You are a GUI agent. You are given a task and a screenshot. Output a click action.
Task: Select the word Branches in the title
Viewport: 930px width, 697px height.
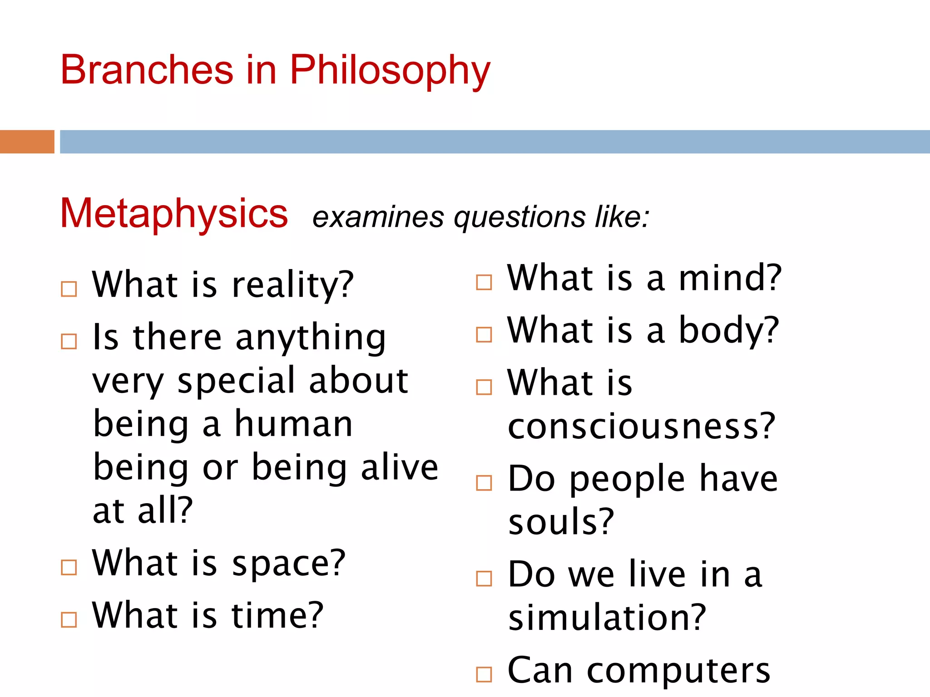click(x=147, y=70)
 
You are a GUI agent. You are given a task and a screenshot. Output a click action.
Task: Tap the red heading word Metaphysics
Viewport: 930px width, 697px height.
click(x=174, y=213)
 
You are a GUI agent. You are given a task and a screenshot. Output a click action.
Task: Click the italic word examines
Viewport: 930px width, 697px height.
click(x=378, y=217)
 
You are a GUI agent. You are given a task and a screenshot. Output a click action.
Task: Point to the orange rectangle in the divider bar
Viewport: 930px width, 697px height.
click(x=27, y=142)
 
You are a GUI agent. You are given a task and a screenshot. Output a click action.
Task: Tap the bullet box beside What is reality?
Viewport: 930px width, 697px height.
click(x=69, y=289)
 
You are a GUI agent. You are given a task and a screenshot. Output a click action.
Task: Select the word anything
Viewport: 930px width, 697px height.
click(x=311, y=339)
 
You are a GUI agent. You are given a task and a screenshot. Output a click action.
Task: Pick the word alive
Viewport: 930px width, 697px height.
click(x=400, y=468)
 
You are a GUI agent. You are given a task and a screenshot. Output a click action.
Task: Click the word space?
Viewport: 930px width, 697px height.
click(x=289, y=564)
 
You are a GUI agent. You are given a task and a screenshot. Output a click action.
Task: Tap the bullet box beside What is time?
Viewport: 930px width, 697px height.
click(x=69, y=619)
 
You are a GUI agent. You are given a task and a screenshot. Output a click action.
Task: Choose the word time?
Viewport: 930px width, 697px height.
click(x=277, y=615)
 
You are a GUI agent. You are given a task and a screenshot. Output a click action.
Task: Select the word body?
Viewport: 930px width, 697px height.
click(x=729, y=330)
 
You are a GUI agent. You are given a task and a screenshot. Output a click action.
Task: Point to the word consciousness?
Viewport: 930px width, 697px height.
click(x=641, y=427)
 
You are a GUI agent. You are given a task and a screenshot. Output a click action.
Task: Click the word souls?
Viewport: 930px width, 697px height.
click(x=561, y=522)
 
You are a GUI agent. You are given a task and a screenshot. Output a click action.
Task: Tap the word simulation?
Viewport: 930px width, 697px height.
click(x=607, y=618)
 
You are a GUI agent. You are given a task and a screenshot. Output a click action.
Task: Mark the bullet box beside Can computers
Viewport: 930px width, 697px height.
click(x=484, y=674)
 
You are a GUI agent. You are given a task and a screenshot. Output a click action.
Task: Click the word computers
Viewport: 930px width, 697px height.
click(x=678, y=671)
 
